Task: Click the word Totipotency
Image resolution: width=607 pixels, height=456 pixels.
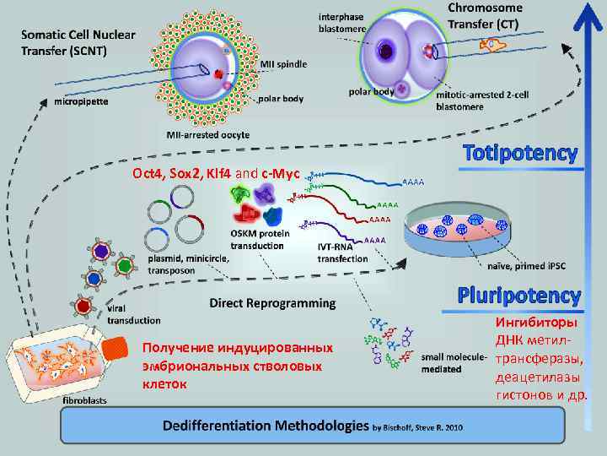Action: pos(519,154)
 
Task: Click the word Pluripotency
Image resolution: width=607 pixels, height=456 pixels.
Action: pos(519,296)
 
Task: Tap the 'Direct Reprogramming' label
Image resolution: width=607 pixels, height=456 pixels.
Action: pos(272,302)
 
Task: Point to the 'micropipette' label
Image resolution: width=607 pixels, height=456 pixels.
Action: pos(77,102)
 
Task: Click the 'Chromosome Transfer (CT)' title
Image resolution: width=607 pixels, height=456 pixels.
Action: pos(485,15)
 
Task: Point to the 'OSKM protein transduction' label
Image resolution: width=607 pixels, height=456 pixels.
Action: pos(256,239)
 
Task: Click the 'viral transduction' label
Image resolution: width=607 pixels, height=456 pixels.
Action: pos(133,315)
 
